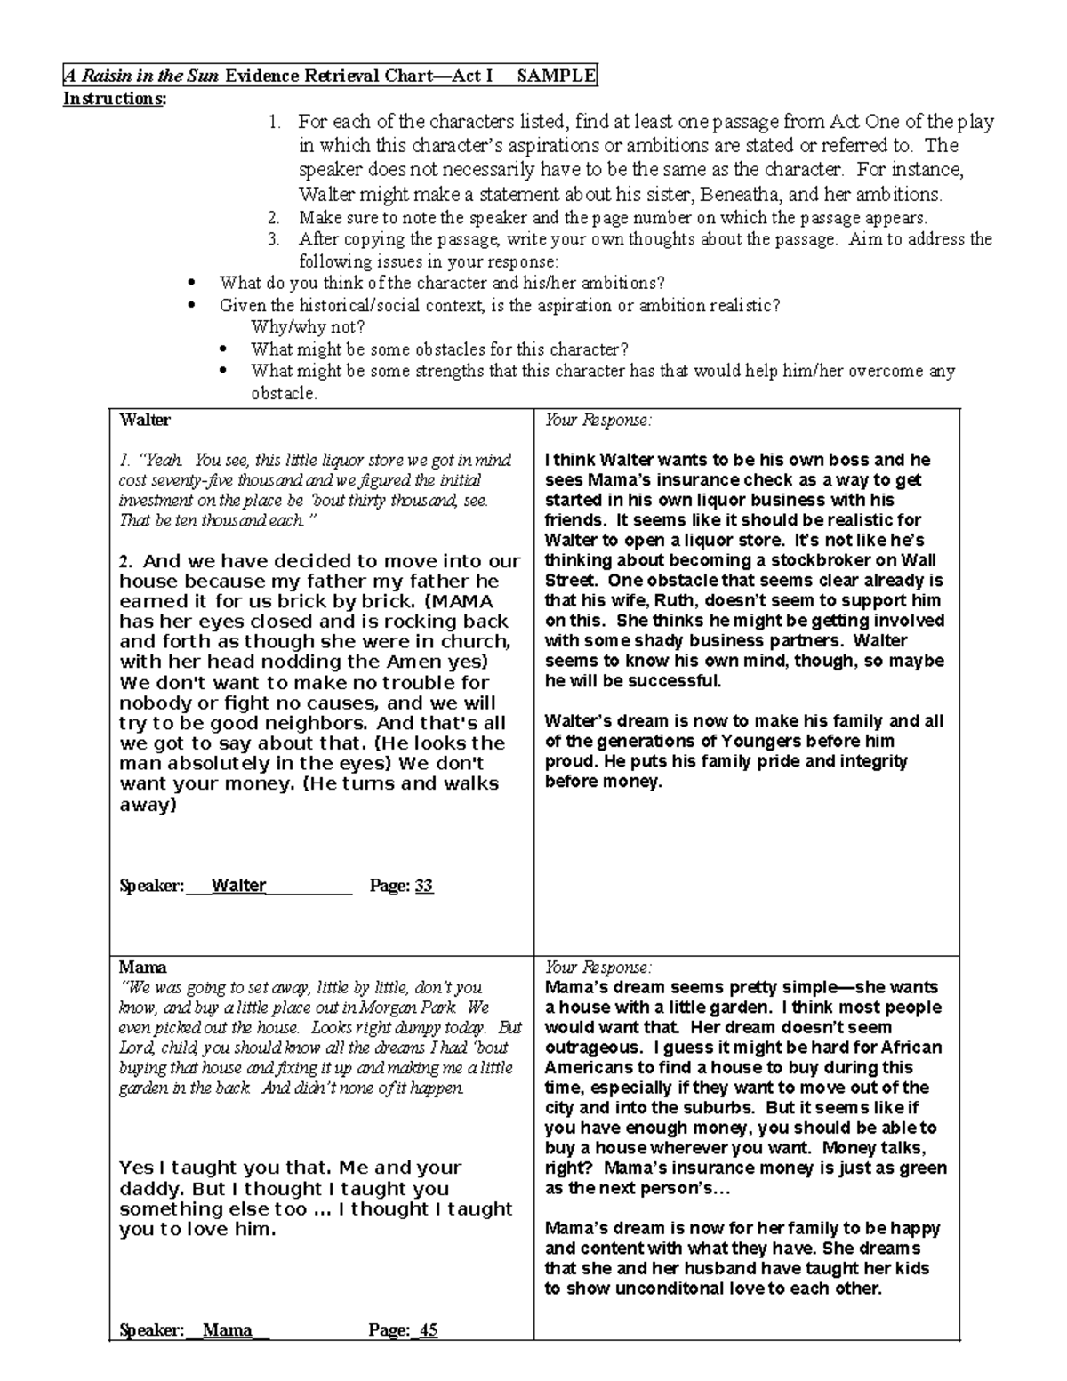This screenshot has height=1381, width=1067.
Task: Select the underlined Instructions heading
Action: point(114,99)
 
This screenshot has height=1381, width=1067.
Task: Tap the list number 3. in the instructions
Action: point(274,239)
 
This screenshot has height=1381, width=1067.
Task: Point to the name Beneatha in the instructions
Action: point(743,194)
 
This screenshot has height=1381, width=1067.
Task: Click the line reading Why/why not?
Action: point(308,327)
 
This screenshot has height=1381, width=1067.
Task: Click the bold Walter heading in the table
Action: point(145,420)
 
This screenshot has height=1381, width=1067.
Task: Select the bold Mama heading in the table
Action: point(143,968)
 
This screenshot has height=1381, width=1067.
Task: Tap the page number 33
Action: point(424,886)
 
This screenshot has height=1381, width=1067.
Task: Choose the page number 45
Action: point(429,1330)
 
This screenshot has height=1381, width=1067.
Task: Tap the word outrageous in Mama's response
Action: point(589,1048)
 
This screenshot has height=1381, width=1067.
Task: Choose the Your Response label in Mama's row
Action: point(598,968)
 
